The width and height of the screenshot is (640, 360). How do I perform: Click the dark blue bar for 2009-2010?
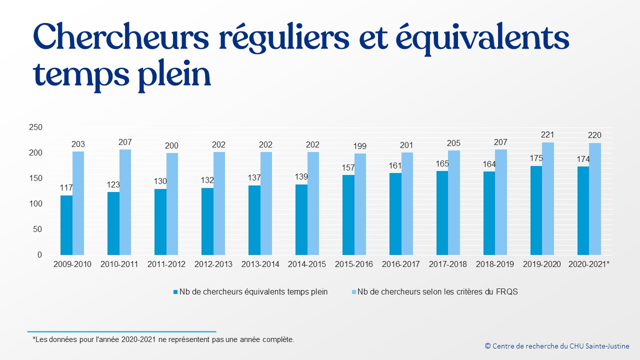click(x=66, y=225)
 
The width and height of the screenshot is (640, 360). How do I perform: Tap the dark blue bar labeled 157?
click(x=348, y=215)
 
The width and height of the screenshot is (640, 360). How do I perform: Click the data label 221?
click(x=547, y=135)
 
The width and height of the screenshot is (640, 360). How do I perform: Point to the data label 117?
click(x=66, y=188)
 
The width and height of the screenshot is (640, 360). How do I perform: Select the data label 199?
click(x=360, y=146)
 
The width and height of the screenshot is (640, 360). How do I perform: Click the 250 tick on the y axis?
click(x=35, y=127)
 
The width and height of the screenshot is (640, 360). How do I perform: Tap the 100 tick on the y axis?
click(x=35, y=204)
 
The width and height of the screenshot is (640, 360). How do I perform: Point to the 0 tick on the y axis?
click(x=39, y=255)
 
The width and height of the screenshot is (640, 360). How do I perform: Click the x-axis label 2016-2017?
click(x=401, y=264)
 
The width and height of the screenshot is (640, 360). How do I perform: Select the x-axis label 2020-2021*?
click(x=589, y=264)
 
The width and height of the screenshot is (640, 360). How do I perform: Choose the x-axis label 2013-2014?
click(x=260, y=264)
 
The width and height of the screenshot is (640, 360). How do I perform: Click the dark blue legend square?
click(x=175, y=292)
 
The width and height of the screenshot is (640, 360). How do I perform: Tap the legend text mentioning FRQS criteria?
click(x=437, y=292)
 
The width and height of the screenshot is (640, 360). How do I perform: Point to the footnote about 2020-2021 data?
click(x=163, y=339)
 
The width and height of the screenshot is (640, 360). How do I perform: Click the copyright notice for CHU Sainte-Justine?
click(x=557, y=346)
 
